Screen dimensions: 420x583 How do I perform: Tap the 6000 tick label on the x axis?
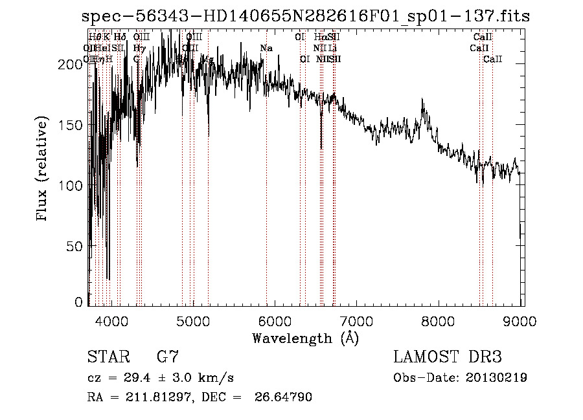coord(275,320)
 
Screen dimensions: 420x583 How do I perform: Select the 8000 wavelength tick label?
coord(440,320)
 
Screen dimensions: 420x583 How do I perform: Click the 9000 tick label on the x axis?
coord(521,320)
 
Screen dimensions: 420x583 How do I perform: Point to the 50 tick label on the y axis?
coord(76,247)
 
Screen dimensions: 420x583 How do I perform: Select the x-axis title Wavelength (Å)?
coord(305,337)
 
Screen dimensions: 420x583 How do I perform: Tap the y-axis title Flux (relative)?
coord(43,170)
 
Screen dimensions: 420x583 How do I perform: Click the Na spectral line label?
coord(266,49)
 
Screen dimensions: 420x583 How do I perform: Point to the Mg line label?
coord(207,60)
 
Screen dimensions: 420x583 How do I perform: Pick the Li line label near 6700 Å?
coord(332,49)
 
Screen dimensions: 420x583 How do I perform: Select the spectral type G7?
coord(168,357)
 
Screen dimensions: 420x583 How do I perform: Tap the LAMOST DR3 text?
coord(448,357)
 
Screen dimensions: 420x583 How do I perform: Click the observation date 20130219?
coord(496,377)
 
